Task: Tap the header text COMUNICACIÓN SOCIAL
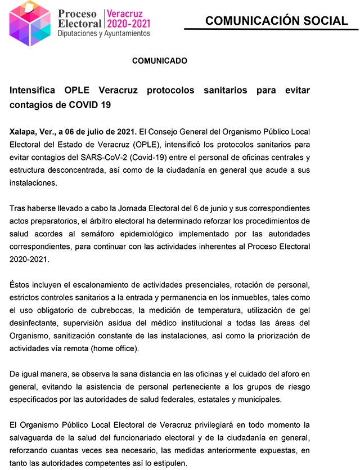276,21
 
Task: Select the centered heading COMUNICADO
159,61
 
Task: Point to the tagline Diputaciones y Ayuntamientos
104,34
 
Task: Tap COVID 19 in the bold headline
92,105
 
